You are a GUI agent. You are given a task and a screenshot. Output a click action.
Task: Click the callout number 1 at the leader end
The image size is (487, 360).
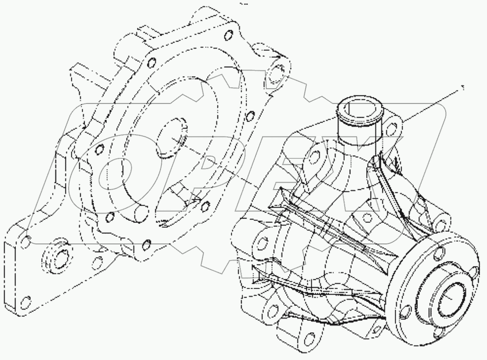click(x=463, y=88)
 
